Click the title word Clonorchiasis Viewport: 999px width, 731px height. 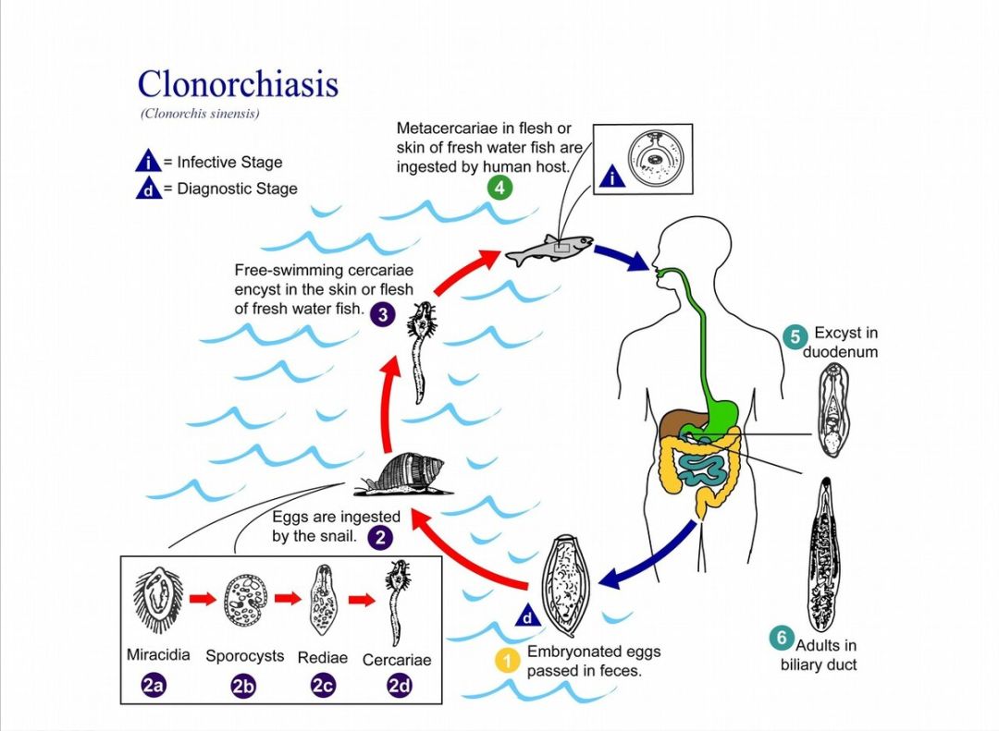238,84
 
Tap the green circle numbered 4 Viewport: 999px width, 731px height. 499,188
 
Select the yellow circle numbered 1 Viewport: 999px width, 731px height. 506,660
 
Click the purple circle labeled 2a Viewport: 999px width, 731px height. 154,686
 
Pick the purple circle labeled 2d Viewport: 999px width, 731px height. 400,686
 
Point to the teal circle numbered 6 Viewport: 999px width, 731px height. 782,638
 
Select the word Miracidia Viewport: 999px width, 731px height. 158,654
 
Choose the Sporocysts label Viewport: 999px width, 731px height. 245,656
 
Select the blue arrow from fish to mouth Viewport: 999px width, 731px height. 621,257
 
